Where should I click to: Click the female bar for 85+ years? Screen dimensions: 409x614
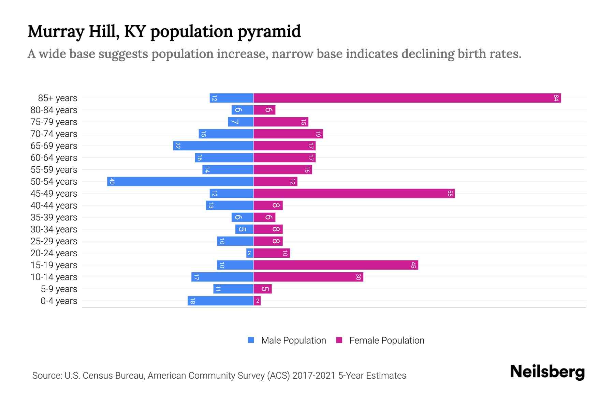[407, 98]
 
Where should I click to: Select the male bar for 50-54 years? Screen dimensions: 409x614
[180, 182]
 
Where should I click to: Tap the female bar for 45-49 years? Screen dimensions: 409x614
[354, 194]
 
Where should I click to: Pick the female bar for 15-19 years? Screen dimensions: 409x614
[336, 265]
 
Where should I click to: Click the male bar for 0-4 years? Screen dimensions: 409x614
[220, 301]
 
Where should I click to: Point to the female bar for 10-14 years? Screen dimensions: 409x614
[308, 277]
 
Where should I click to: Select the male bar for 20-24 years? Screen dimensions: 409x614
[250, 253]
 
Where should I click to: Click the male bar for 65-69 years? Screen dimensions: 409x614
[213, 146]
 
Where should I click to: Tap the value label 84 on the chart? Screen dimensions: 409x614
[556, 98]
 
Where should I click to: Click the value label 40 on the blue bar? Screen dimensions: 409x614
[112, 182]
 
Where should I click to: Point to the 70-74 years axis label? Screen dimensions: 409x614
[54, 134]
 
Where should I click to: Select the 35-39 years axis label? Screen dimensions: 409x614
[54, 217]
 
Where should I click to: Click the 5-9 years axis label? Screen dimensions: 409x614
[59, 289]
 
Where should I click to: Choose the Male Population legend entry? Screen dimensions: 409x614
[293, 340]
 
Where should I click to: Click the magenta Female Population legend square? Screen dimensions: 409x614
[339, 340]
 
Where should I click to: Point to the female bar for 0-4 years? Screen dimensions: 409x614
[257, 301]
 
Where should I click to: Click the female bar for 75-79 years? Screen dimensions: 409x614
[281, 122]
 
